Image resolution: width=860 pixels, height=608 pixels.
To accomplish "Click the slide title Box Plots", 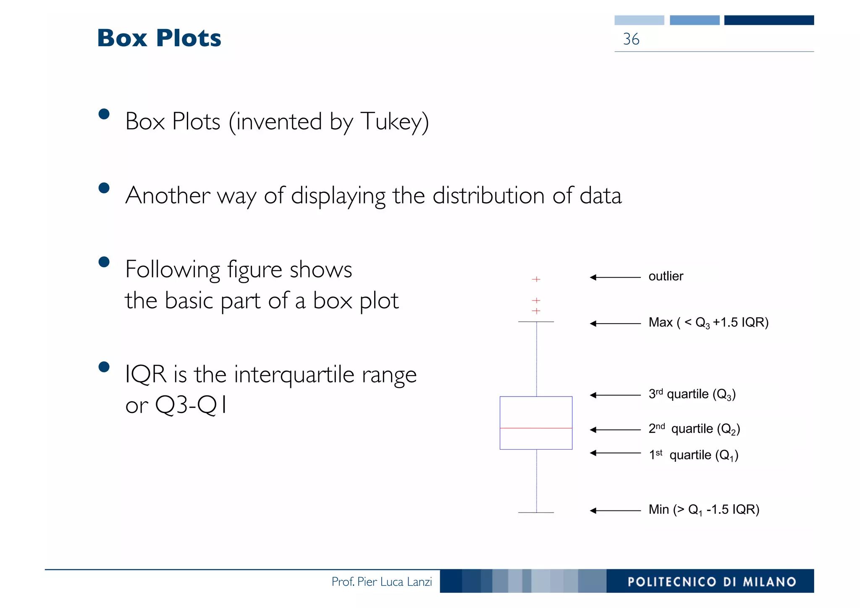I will pos(159,38).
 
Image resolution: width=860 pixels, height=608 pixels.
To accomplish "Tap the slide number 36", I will pos(631,39).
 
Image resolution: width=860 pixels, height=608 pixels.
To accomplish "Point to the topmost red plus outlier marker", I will pos(536,279).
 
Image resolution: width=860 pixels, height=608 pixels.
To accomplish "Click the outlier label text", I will pos(666,276).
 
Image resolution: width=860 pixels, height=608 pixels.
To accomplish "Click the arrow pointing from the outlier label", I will pos(615,277).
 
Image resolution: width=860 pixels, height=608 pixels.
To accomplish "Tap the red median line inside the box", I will pos(536,428).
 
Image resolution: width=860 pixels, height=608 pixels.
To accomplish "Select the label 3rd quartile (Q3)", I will pos(692,394).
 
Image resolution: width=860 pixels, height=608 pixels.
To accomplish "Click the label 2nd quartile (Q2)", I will pos(694,429).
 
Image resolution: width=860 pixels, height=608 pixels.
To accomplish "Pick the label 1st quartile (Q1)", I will pos(693,455).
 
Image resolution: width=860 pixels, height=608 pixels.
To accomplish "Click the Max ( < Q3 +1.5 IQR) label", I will pos(708,323).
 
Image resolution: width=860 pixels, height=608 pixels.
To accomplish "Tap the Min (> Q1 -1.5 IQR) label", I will pos(704,510).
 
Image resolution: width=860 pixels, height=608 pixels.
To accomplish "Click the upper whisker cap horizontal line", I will pos(536,322).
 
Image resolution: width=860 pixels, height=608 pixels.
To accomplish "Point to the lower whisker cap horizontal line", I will pos(536,513).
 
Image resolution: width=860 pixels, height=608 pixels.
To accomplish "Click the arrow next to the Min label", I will pos(615,511).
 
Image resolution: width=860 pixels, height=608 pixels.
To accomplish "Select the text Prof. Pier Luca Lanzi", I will pos(381,582).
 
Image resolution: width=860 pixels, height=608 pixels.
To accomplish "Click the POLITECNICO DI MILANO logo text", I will pos(711,582).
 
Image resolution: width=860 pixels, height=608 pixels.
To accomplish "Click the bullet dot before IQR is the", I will pos(104,367).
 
